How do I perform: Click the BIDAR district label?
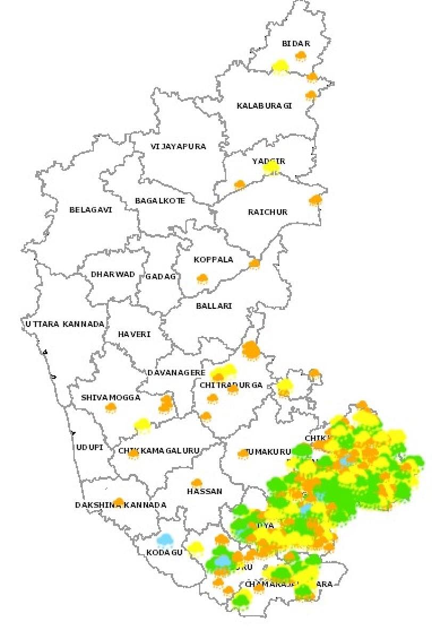coord(296,44)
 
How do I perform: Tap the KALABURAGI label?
coord(264,106)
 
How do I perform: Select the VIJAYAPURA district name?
coord(178,146)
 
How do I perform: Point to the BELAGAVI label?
coord(91,210)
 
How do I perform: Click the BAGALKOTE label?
coord(160,201)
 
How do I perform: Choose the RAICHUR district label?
coord(267,212)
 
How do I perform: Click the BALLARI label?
coord(214,306)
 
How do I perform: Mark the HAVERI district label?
coord(134,334)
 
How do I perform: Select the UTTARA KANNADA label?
coord(64,324)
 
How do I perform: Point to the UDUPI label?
coord(89,447)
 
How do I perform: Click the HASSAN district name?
coord(205,491)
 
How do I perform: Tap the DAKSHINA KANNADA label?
coord(120,505)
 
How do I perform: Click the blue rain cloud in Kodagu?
coord(165,540)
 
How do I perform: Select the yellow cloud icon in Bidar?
coord(280,67)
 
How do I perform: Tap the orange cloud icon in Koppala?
coord(202,278)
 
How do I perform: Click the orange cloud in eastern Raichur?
coord(316,200)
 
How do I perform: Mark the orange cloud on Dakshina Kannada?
coord(119,501)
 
